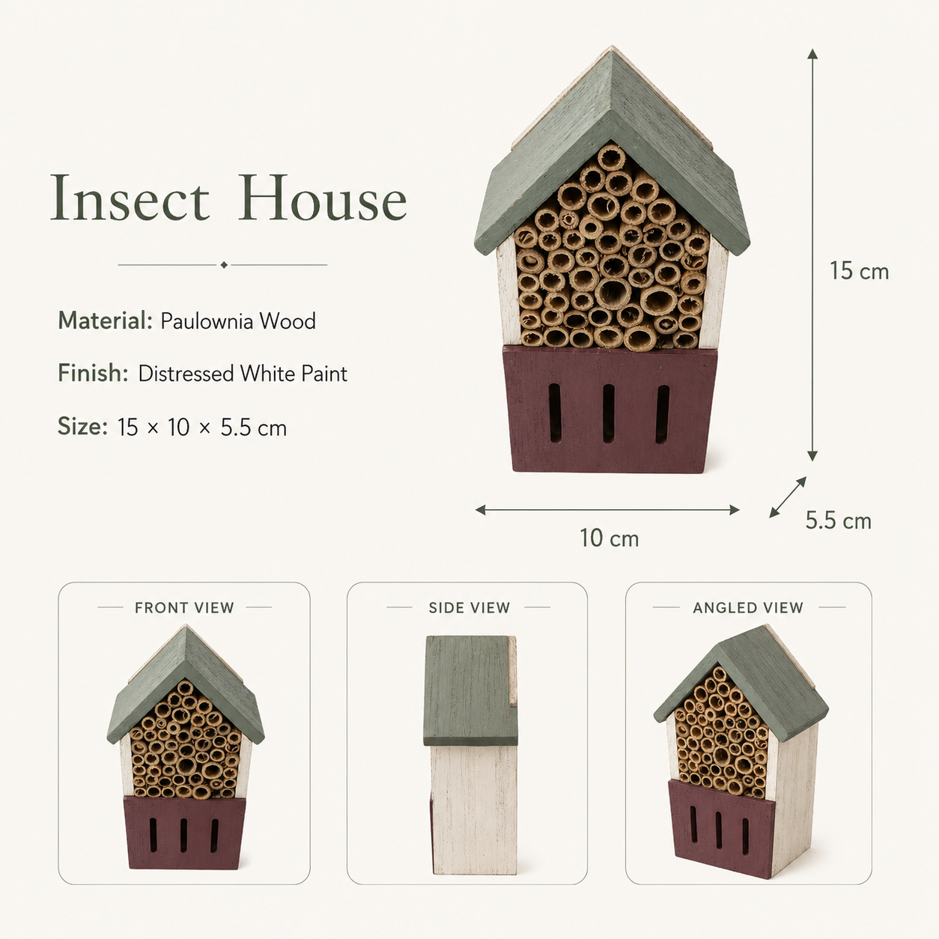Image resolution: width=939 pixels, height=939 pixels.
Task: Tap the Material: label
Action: pos(106,320)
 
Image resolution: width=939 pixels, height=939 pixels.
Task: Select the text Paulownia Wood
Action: pos(238,321)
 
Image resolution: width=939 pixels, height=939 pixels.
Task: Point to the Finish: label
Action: pos(93,373)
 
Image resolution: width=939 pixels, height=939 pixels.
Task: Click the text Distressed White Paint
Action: pos(243,374)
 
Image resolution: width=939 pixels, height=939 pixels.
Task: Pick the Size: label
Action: pos(82,426)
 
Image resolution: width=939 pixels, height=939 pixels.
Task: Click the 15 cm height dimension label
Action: pos(859,271)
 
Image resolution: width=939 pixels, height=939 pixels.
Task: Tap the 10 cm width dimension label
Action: pos(609,538)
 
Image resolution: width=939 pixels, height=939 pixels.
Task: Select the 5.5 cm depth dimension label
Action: pos(838,520)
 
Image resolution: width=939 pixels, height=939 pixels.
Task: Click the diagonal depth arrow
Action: pos(788,497)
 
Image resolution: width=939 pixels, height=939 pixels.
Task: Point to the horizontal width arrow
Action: pos(607,510)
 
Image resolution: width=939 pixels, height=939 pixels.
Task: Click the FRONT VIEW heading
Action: pos(185,607)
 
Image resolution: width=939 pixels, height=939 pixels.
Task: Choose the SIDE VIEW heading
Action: pos(469,607)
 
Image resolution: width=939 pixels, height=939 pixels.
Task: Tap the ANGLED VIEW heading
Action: pos(748,607)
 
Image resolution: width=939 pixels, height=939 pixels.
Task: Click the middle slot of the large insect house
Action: pos(608,413)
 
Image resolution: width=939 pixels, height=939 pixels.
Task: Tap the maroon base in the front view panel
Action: pos(184,833)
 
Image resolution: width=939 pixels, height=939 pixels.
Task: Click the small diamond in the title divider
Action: pos(224,265)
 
